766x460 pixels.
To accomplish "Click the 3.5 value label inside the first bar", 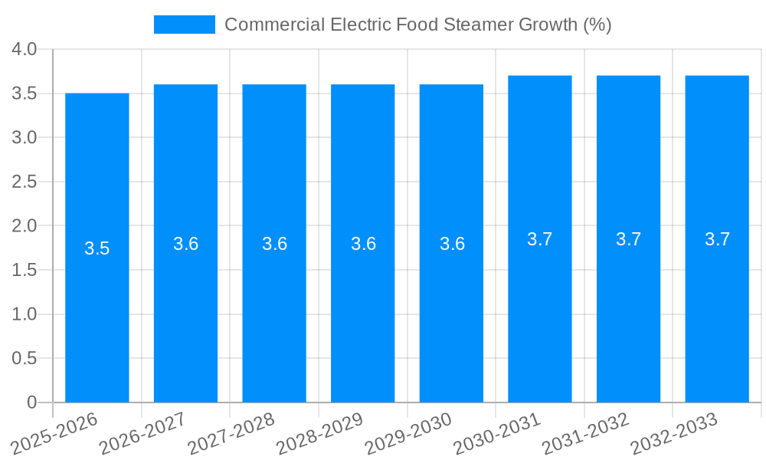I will (97, 248).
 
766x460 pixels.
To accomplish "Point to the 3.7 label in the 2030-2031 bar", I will (540, 239).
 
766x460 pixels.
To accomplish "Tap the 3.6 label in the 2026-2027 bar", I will (186, 244).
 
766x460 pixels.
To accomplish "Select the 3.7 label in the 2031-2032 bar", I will (629, 239).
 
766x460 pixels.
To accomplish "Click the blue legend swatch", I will (185, 25).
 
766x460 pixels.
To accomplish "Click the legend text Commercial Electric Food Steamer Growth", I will (418, 25).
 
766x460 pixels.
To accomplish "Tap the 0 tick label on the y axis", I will (31, 402).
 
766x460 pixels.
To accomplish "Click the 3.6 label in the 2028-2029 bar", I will (363, 244).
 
